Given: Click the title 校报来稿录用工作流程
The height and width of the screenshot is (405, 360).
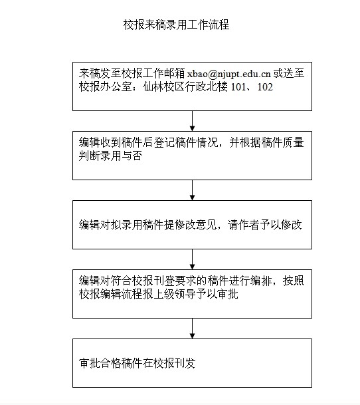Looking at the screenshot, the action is pos(176,25).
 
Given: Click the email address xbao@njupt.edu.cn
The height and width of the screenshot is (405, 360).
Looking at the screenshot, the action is pos(228,74).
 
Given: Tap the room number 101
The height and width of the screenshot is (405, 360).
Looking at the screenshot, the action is pos(238,87).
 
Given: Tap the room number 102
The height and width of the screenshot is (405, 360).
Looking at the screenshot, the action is pos(265,87).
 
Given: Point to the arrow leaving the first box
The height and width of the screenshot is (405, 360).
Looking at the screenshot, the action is pos(192,121).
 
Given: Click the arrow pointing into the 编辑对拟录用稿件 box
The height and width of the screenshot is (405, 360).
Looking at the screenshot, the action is pos(192,190).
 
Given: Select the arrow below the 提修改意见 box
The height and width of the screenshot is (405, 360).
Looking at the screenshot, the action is pos(192,259).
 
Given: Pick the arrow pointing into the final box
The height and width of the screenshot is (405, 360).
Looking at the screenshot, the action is pos(192,329).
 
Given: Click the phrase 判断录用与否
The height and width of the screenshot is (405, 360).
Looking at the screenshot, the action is pos(110,156).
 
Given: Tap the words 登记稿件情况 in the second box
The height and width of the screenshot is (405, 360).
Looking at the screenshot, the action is pos(186,142).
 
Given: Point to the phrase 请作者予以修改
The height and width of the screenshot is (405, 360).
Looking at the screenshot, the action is pos(264,225).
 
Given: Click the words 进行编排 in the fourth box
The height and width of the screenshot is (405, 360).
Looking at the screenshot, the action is pos(250,281).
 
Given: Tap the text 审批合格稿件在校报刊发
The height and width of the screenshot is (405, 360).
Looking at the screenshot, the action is pos(137,363).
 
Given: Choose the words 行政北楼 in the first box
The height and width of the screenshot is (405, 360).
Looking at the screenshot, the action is pos(207,87).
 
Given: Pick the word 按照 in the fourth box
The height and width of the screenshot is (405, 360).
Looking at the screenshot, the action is pos(294,281).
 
